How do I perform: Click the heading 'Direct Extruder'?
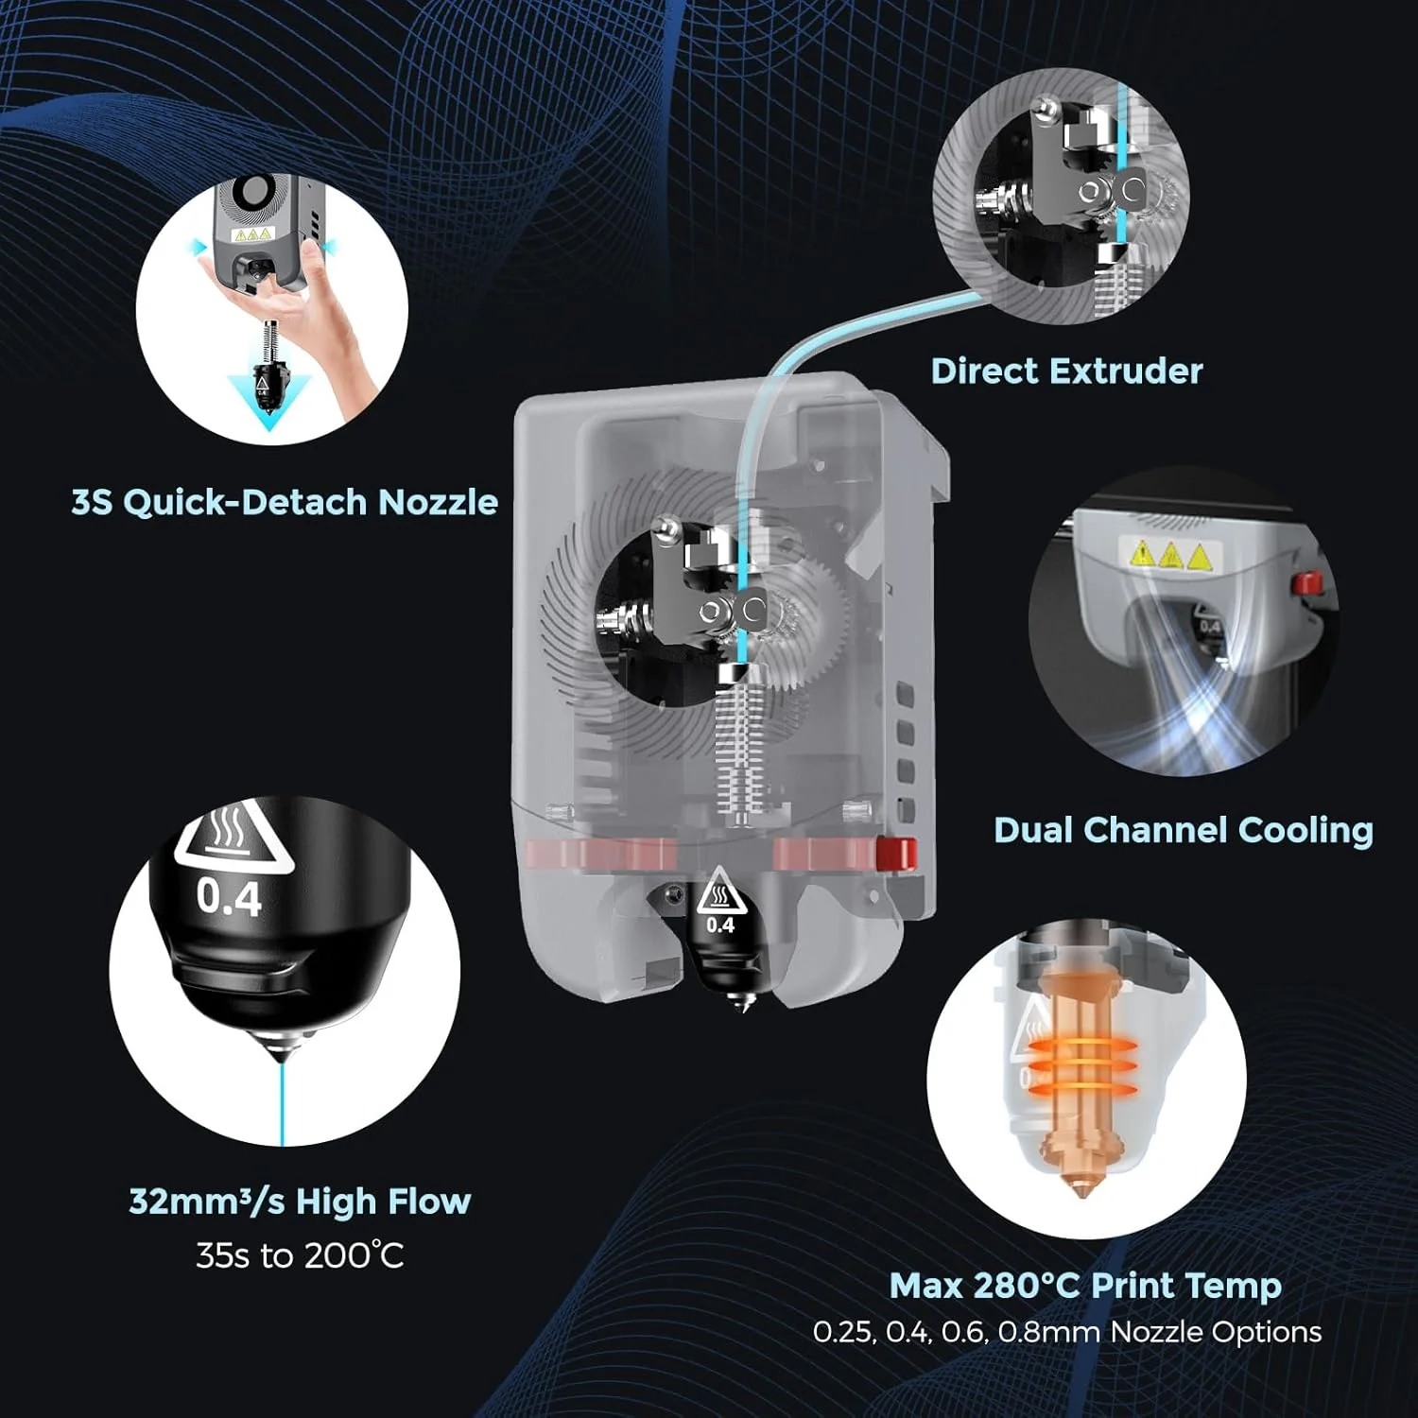pos(1066,371)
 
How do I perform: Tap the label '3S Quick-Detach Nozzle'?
pos(285,501)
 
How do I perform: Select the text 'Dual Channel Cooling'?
pos(1183,829)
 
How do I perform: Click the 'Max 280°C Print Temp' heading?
pos(1085,1285)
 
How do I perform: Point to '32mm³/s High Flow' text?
pos(300,1201)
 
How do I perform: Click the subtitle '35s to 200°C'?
pos(300,1255)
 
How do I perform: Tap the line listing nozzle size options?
pos(1066,1331)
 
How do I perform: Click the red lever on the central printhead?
pos(895,853)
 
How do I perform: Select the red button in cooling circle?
pos(1306,583)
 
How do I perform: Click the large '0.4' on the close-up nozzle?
pos(229,896)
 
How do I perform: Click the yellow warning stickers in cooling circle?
pos(1170,554)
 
